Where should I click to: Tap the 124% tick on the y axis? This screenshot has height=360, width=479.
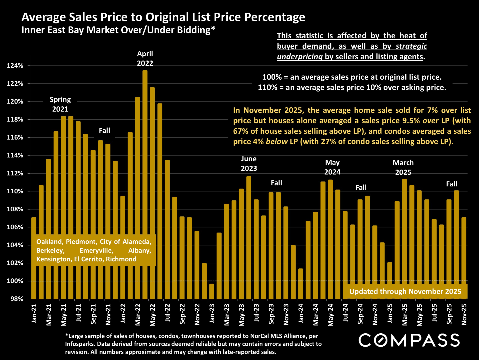(x=15, y=66)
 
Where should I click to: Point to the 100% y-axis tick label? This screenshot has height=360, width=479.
(x=15, y=281)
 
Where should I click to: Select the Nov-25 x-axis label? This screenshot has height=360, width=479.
(x=464, y=314)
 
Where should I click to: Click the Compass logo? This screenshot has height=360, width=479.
(x=409, y=340)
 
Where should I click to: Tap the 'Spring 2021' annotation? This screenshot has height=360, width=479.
(x=60, y=104)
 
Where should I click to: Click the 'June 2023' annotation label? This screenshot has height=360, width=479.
(x=249, y=164)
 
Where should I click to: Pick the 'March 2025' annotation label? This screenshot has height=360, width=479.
(x=403, y=167)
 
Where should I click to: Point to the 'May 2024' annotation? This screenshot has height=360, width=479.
(x=332, y=167)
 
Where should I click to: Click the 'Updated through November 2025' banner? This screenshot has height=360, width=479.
(x=405, y=291)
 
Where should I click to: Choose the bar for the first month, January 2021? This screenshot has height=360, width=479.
(x=34, y=258)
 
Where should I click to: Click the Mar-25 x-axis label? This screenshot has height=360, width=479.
(x=405, y=314)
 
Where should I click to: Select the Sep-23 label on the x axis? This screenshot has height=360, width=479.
(x=271, y=314)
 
